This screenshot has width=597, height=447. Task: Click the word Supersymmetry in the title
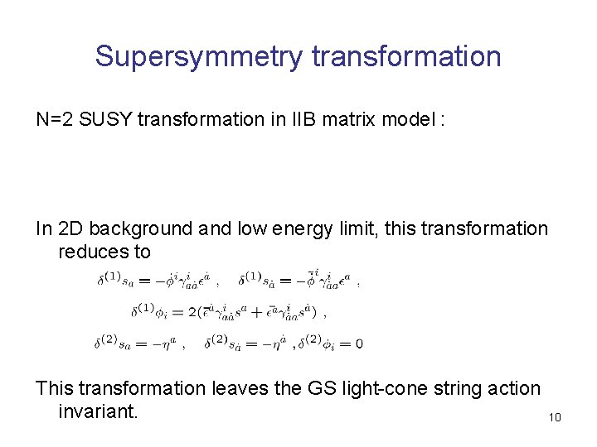click(199, 57)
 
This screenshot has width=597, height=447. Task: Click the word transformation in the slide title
click(406, 56)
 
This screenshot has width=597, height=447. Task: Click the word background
click(141, 228)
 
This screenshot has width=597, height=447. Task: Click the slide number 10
click(555, 417)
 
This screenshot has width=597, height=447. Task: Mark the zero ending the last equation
click(358, 343)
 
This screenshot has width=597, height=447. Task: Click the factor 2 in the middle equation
click(192, 313)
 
